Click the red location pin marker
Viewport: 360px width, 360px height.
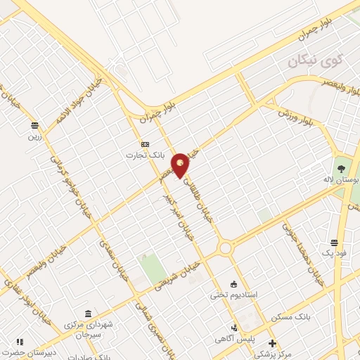(x=181, y=165)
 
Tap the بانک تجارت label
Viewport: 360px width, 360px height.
(x=145, y=155)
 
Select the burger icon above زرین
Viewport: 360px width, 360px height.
(x=34, y=125)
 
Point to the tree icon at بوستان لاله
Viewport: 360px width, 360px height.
(x=341, y=169)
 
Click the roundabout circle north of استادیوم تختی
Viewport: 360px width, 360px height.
(x=226, y=247)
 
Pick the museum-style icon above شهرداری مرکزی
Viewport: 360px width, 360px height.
(x=88, y=314)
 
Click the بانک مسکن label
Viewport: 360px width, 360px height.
(x=294, y=318)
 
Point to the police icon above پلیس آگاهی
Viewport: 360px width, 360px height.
(x=235, y=328)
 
